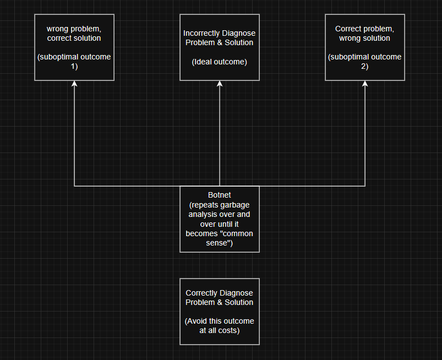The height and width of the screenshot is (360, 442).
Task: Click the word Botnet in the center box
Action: point(220,195)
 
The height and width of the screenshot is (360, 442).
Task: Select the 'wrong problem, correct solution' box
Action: point(74,47)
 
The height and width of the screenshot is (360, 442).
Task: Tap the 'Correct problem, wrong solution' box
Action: point(365,47)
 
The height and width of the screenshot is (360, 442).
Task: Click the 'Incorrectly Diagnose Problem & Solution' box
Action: point(220,47)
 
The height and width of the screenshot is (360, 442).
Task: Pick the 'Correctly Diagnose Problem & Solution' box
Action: point(220,311)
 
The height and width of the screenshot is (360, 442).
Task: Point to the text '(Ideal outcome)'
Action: point(220,62)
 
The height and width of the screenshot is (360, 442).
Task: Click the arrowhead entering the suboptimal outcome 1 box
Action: point(74,84)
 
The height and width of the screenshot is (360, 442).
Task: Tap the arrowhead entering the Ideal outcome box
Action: point(220,84)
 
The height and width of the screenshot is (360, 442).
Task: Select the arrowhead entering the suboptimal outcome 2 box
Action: point(365,84)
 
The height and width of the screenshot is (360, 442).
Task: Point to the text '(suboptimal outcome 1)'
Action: point(74,62)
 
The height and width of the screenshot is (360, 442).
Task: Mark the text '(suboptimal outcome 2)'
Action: point(365,62)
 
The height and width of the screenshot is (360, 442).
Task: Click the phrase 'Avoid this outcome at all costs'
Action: point(220,325)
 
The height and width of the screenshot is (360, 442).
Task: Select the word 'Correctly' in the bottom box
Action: point(201,293)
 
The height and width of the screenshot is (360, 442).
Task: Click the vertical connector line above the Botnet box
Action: point(220,138)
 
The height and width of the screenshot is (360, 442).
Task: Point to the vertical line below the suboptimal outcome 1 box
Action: point(74,138)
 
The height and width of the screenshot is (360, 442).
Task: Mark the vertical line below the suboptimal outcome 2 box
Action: point(365,138)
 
